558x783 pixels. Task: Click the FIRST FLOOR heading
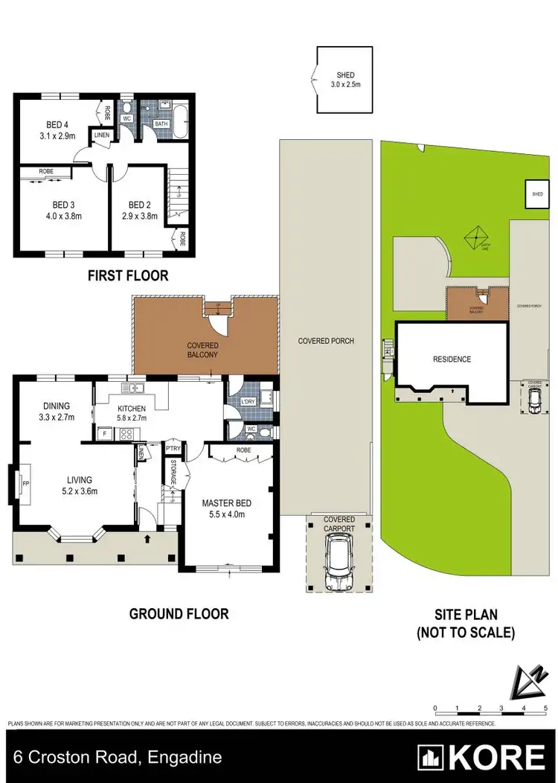pyautogui.click(x=128, y=275)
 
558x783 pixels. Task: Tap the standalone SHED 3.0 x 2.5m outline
pyautogui.click(x=344, y=80)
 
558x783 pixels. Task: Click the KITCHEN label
pyautogui.click(x=130, y=408)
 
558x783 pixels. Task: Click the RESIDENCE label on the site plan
pyautogui.click(x=452, y=359)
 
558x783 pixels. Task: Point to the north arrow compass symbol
pyautogui.click(x=527, y=680)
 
